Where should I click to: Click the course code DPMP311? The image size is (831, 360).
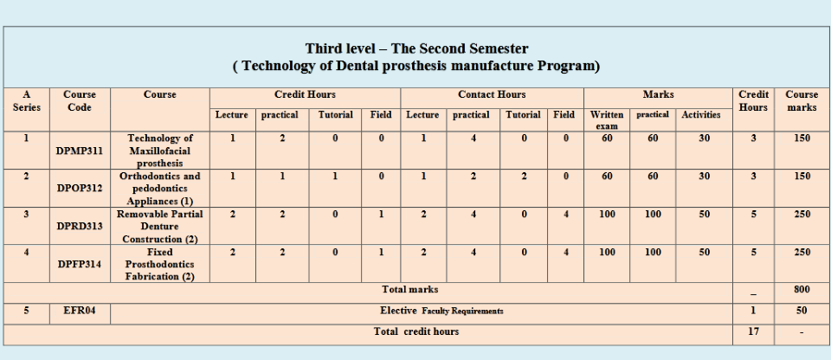80,151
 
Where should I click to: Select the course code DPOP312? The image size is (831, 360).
80,188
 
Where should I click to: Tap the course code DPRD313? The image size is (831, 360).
80,227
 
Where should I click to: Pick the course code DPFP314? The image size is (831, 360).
80,264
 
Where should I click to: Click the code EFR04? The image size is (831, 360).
80,311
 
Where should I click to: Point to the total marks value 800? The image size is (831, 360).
802,290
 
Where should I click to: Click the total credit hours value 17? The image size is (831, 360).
753,331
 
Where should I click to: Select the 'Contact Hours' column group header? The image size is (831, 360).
492,95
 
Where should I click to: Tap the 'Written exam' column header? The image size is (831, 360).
606,119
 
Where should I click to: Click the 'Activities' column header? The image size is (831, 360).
700,114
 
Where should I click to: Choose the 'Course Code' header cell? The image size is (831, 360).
80,100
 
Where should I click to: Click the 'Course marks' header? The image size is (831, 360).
802,100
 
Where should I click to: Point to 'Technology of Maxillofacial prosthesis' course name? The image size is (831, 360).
159,151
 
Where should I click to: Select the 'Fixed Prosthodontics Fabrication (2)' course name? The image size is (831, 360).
159,264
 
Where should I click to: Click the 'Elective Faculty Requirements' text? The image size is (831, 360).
441,311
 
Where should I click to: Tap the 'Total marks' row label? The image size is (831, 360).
409,290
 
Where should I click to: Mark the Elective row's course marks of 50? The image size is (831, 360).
802,311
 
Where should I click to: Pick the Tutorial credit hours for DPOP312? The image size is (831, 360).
335,176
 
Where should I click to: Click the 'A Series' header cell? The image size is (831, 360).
27,100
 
